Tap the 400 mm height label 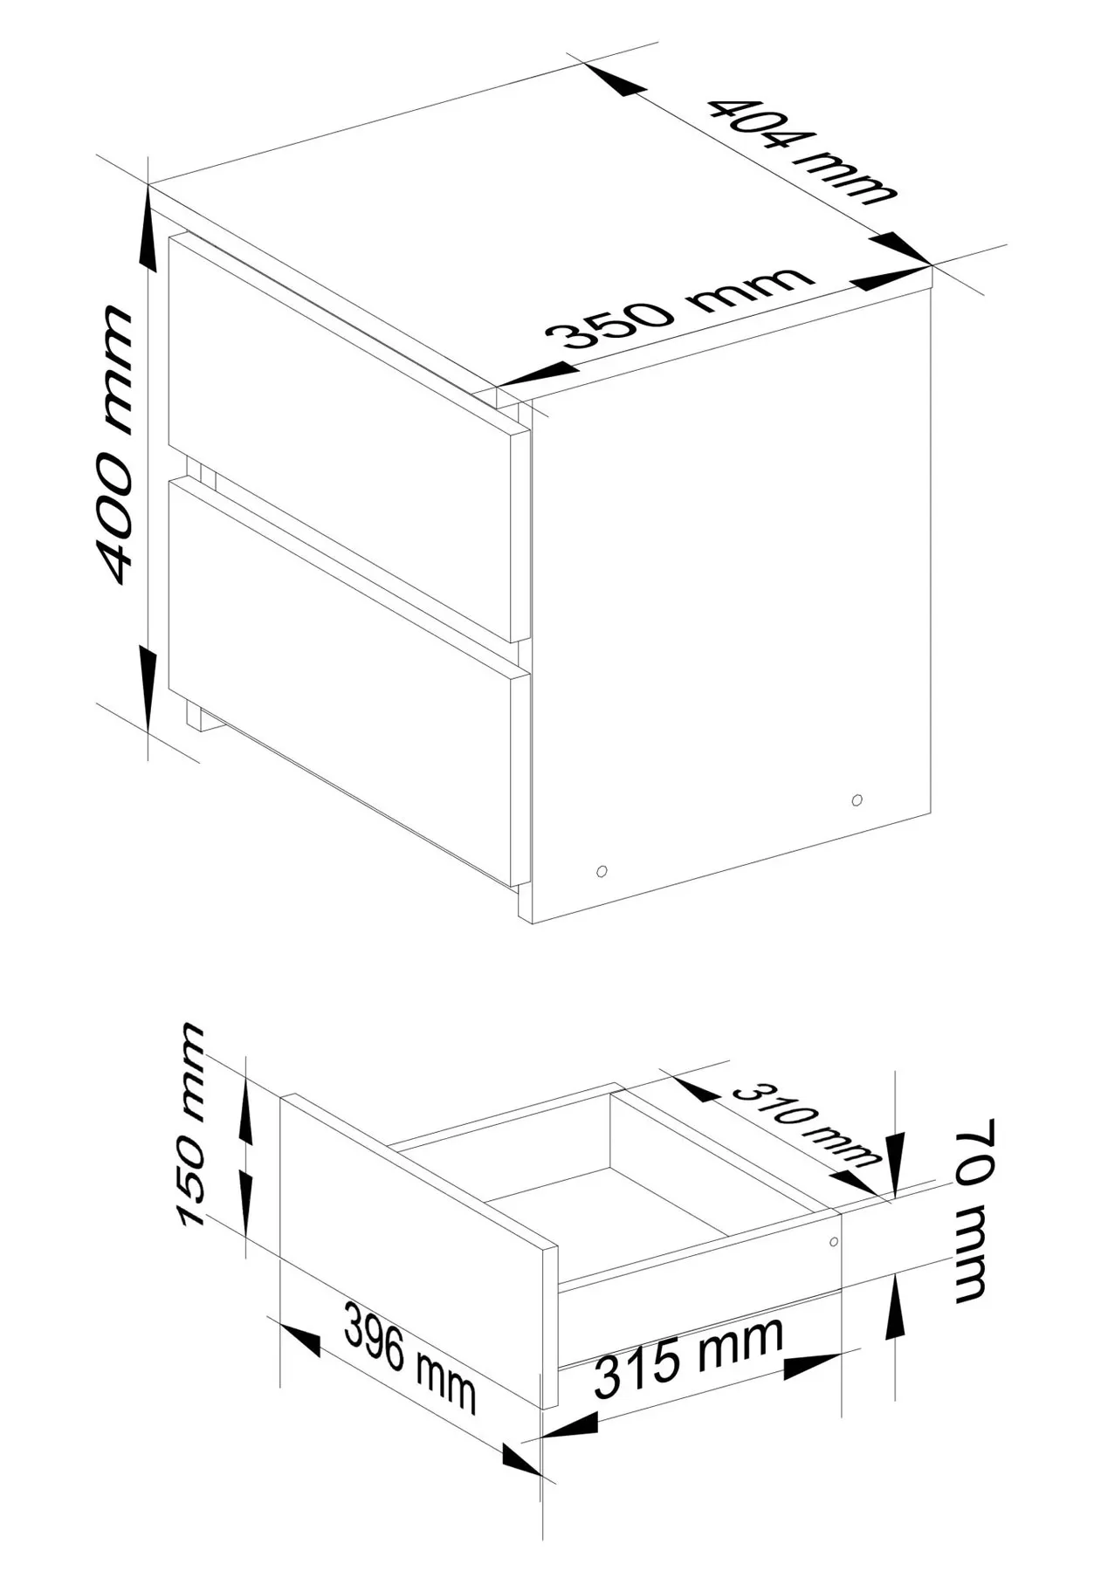tap(117, 444)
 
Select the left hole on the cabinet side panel tap(602, 870)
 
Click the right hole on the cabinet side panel tap(857, 799)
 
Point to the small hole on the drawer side tap(834, 1240)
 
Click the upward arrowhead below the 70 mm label tap(896, 1306)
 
